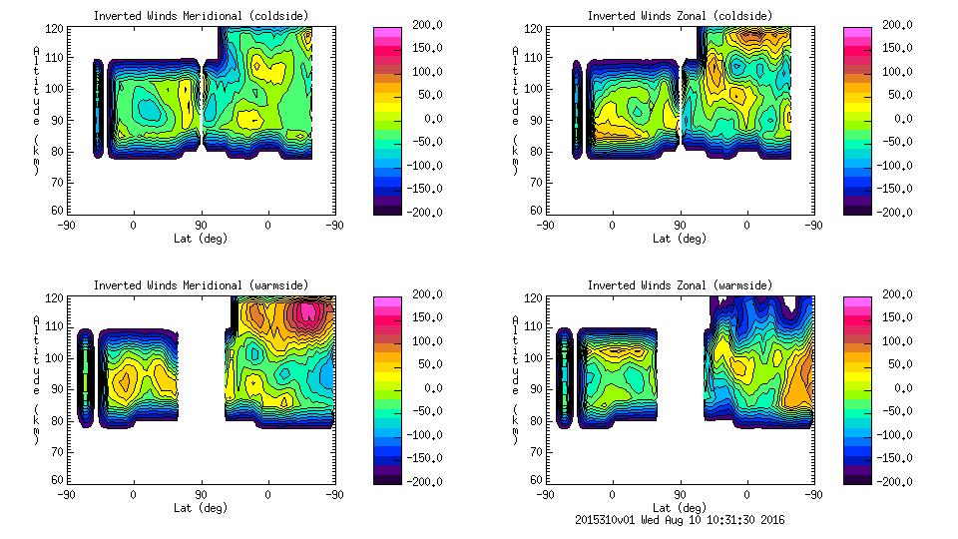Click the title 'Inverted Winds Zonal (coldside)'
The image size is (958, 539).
tap(680, 16)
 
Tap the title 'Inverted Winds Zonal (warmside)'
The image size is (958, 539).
tap(680, 285)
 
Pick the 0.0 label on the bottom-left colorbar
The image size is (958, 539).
tap(432, 388)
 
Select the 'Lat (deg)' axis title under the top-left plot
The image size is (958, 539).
tap(202, 239)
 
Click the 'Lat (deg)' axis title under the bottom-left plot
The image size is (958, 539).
tap(202, 508)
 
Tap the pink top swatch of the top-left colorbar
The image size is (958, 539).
tap(386, 32)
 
